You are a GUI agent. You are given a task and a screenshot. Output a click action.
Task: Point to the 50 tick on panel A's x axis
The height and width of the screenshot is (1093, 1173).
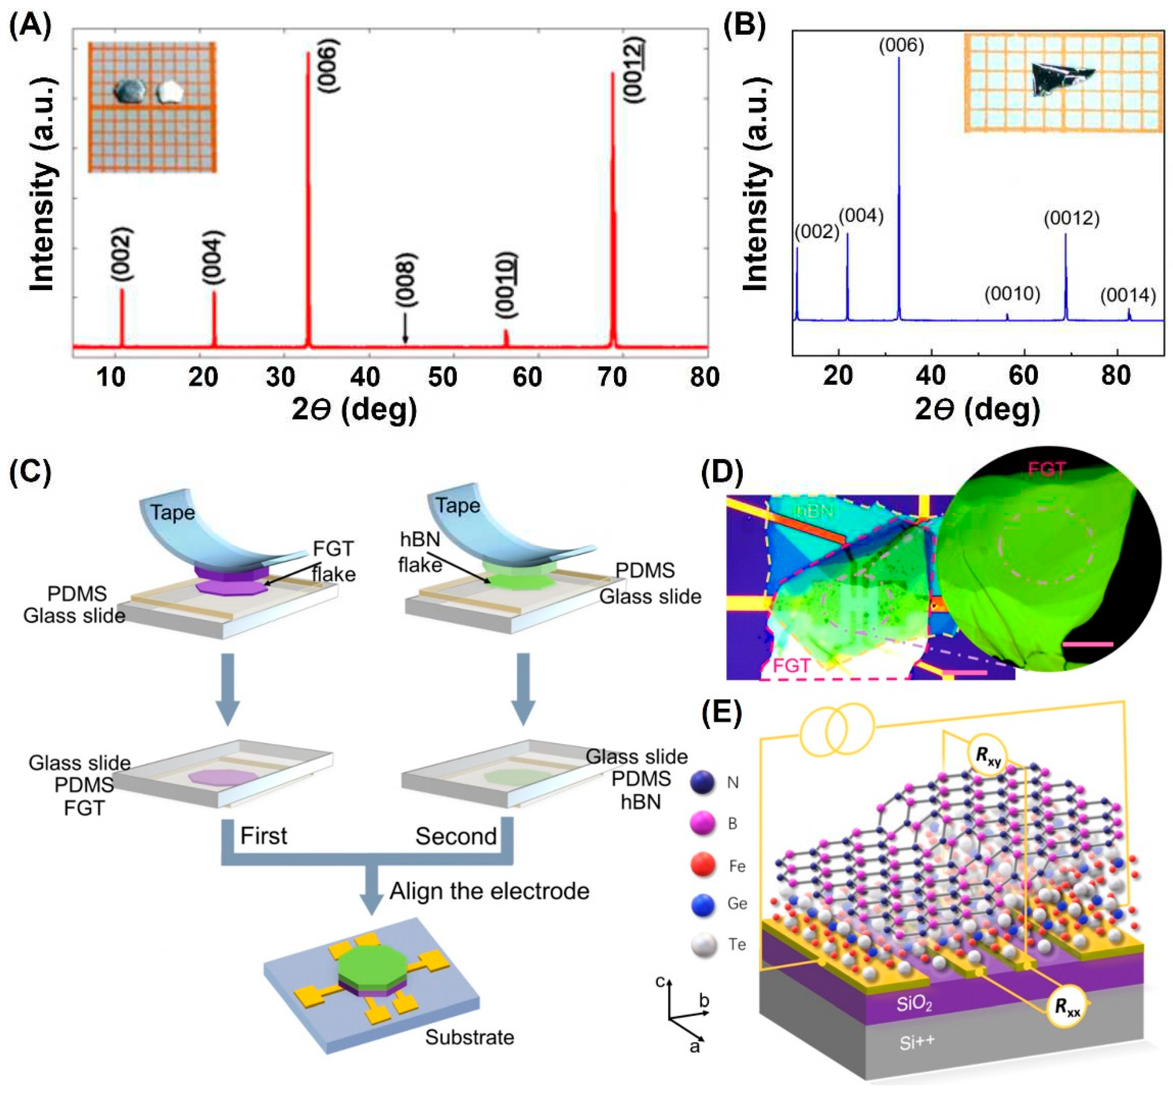[443, 377]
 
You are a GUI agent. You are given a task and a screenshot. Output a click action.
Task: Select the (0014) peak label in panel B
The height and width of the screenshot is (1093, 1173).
[1128, 295]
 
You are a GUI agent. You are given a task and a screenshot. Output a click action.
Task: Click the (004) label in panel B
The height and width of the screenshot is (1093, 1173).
[861, 216]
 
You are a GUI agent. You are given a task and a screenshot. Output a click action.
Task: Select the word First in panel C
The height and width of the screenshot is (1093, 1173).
[263, 836]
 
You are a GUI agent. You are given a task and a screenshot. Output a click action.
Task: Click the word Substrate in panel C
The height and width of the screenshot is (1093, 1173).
[470, 1037]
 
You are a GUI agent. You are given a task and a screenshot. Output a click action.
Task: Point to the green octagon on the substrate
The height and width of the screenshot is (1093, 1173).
[372, 965]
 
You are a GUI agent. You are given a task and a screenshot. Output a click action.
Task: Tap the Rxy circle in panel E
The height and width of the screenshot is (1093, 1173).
[987, 757]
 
